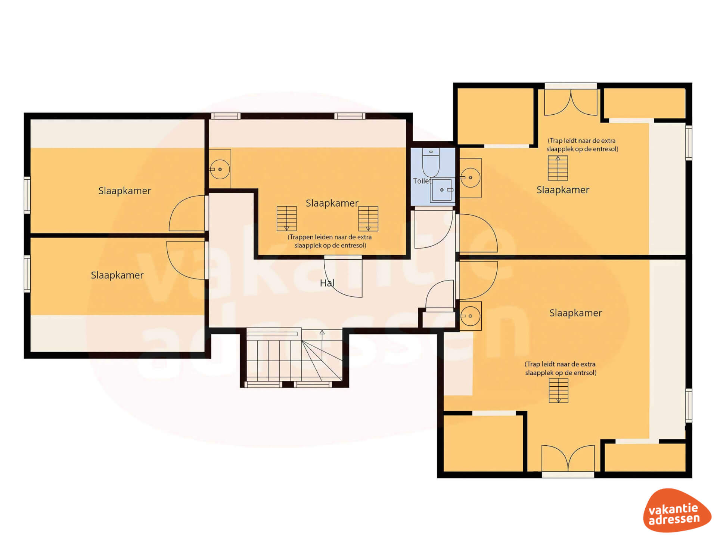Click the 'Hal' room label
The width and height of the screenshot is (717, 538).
[327, 283]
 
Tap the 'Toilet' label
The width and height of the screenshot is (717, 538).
[422, 181]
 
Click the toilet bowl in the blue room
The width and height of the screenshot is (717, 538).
[431, 163]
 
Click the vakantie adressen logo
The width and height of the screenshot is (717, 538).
[677, 510]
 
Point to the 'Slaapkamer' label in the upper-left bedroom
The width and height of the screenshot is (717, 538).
[125, 191]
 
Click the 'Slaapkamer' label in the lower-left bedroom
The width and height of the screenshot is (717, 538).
[117, 275]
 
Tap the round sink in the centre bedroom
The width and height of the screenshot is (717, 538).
[220, 169]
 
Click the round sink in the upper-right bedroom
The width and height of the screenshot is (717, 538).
[470, 177]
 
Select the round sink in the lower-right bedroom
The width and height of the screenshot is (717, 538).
[470, 316]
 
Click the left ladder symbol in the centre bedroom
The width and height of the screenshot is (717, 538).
[286, 219]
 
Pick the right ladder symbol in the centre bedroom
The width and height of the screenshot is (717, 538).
[368, 219]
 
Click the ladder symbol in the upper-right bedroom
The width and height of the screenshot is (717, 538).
[558, 168]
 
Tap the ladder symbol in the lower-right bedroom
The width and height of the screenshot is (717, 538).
[559, 391]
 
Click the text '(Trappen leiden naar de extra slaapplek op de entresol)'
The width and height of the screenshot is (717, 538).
[330, 241]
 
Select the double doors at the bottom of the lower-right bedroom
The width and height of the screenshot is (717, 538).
[568, 458]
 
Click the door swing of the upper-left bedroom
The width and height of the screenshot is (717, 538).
[186, 213]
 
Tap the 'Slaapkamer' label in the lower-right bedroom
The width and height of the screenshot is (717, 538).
[575, 313]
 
